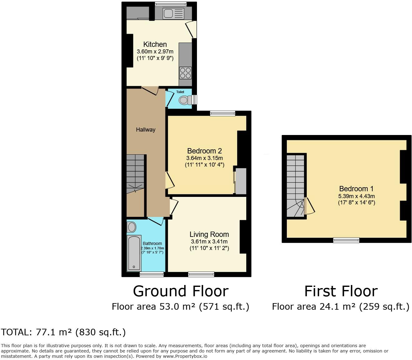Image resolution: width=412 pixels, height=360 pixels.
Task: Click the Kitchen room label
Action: [x=155, y=44]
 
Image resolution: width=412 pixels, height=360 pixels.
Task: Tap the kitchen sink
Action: [x=173, y=14]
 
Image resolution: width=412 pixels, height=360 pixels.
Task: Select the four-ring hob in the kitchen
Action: [x=185, y=73]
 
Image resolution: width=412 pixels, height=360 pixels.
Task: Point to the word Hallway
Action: [x=145, y=130]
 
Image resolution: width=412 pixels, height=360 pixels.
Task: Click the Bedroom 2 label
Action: [x=204, y=151]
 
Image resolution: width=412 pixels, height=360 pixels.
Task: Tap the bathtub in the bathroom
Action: [x=134, y=253]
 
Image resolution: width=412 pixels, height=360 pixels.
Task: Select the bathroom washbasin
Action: [x=132, y=227]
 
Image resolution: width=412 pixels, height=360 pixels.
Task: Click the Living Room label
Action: [x=209, y=234]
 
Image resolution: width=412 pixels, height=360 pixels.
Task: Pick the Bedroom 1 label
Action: [x=356, y=189]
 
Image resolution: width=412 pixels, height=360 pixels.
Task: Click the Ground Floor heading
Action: [x=181, y=291]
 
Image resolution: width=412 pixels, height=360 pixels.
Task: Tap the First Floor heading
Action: [x=341, y=291]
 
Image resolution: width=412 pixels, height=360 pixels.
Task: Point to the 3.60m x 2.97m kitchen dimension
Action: [x=155, y=52]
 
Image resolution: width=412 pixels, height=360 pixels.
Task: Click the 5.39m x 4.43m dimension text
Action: [x=356, y=196]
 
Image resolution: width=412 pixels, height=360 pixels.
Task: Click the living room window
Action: [x=201, y=274]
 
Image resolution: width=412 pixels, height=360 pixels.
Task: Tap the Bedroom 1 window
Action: [x=346, y=240]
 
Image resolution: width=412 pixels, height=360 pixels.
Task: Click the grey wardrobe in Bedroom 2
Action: [x=241, y=181]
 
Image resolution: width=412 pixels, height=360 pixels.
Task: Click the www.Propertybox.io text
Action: [x=184, y=356]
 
